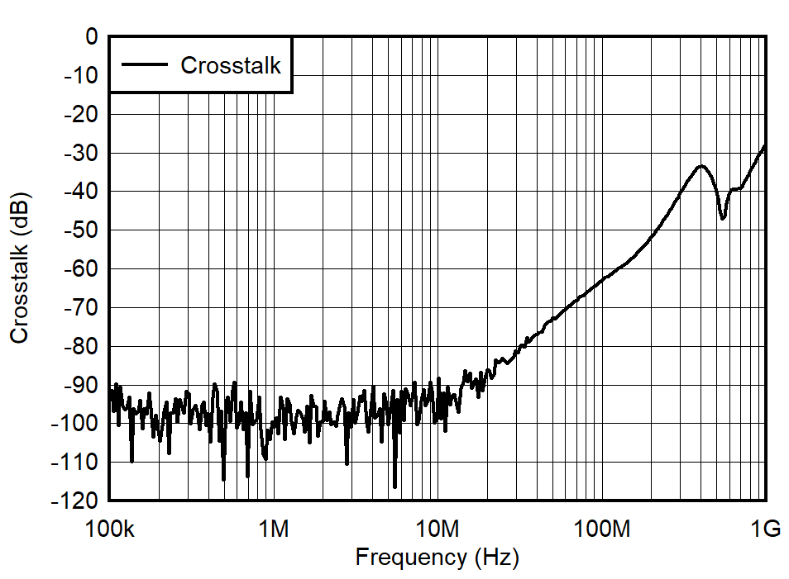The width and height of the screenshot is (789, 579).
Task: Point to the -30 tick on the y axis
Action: click(x=81, y=154)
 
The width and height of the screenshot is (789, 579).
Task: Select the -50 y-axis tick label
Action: click(x=81, y=230)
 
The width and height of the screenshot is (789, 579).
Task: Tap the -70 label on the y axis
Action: click(x=81, y=308)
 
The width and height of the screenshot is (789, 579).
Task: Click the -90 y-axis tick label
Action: click(x=81, y=385)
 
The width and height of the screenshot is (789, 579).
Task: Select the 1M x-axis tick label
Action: click(x=273, y=529)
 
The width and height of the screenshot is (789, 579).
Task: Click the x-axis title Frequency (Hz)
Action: click(x=437, y=558)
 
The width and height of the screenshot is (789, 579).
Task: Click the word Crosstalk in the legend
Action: click(x=231, y=65)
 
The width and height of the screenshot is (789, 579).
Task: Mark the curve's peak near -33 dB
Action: click(x=701, y=166)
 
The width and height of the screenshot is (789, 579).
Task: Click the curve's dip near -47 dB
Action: click(x=723, y=219)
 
